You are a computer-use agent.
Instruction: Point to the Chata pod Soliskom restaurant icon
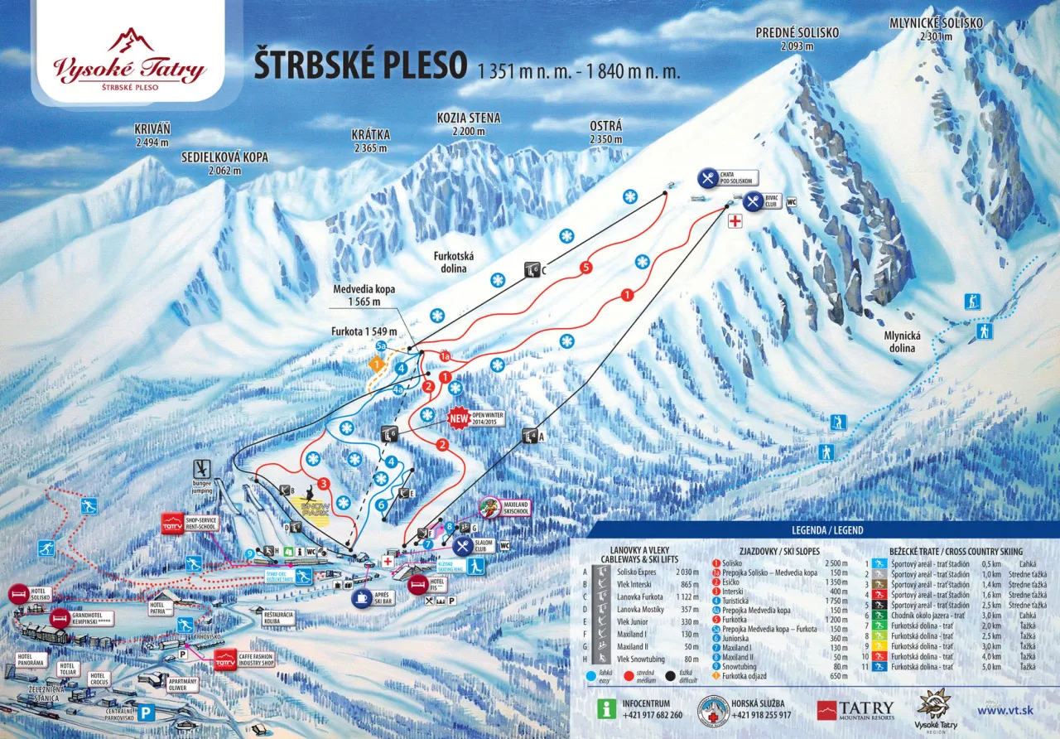click(707, 177)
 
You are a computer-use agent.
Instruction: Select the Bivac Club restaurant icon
click(753, 200)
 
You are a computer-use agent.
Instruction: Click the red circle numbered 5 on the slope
click(586, 268)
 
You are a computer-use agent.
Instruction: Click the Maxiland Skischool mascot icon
click(489, 507)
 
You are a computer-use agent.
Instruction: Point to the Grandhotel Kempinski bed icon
click(59, 618)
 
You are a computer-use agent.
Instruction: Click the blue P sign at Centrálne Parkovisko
click(147, 711)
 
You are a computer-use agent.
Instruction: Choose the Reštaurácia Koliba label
click(278, 617)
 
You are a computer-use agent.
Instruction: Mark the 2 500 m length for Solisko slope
click(841, 562)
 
